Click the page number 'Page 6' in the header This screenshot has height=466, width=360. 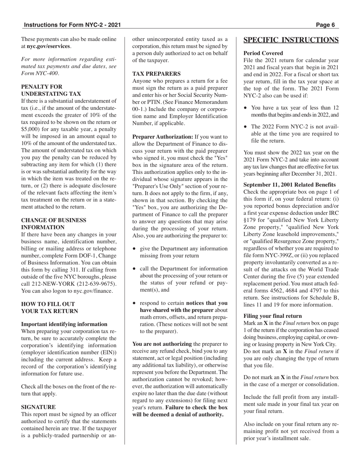tap(325, 25)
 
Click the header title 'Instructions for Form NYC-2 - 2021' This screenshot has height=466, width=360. tap(72, 25)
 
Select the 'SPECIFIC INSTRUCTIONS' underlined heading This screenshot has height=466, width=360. tap(291, 40)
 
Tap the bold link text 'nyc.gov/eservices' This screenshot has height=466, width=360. tap(49, 46)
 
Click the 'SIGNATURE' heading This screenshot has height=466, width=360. tap(38, 407)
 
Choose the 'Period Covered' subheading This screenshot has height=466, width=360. tap(263, 53)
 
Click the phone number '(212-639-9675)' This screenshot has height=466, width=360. tap(97, 284)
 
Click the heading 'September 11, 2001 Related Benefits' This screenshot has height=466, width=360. tap(290, 185)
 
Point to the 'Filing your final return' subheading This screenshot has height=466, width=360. tap(272, 316)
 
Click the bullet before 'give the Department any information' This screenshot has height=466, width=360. tap(135, 249)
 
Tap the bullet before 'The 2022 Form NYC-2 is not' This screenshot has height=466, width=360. tap(246, 127)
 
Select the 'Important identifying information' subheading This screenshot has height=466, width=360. tap(64, 324)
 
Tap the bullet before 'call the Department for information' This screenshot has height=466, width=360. tap(135, 269)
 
